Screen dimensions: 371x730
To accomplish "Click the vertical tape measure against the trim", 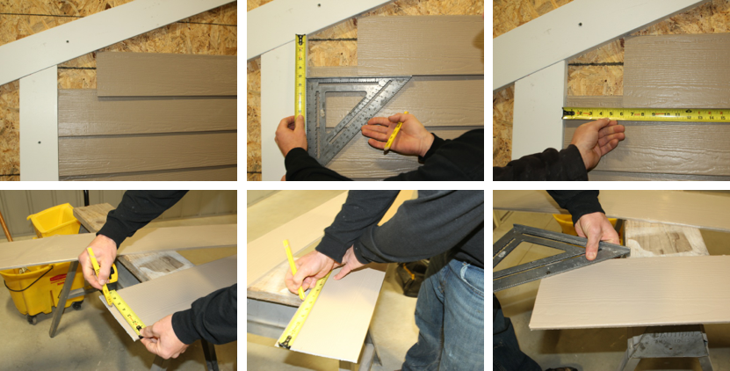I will (300, 79).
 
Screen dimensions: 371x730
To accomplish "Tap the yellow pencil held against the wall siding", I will (396, 133).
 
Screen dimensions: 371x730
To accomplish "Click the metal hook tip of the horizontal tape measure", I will (566, 113).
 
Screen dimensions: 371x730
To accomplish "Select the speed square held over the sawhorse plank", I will (553, 255).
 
